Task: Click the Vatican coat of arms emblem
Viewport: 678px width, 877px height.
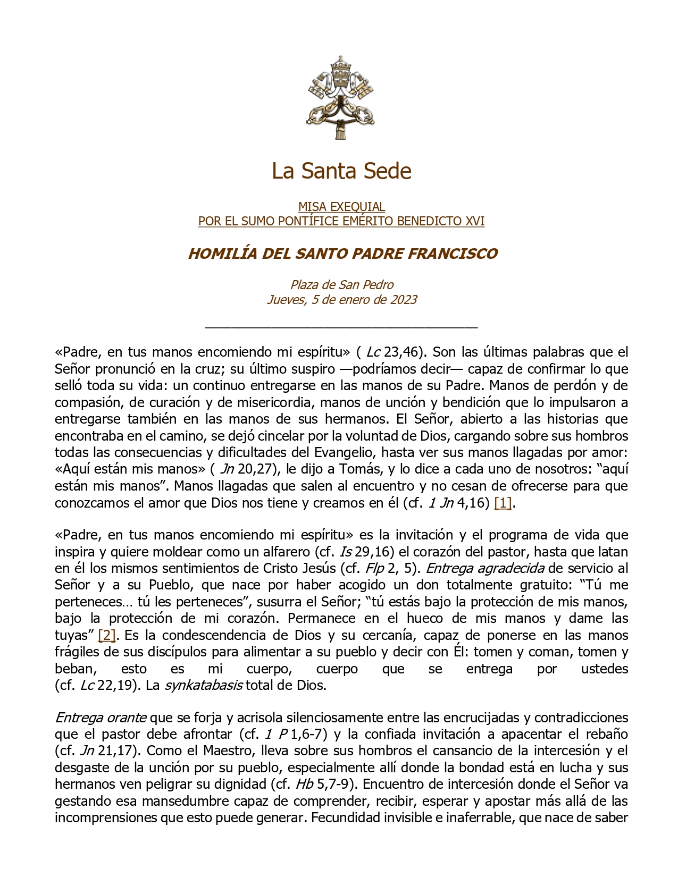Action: [341, 98]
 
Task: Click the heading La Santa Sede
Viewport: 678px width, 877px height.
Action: [341, 171]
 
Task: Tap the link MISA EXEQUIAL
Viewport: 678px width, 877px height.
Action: [341, 207]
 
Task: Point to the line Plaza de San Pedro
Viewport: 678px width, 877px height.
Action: [341, 285]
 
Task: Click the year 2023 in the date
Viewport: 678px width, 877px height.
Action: [403, 300]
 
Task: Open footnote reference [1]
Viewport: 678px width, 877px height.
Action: [503, 503]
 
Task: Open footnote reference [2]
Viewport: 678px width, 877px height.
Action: [107, 635]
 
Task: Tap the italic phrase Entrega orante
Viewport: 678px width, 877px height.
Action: [101, 718]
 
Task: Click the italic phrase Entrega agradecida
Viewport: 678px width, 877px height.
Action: [484, 568]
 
